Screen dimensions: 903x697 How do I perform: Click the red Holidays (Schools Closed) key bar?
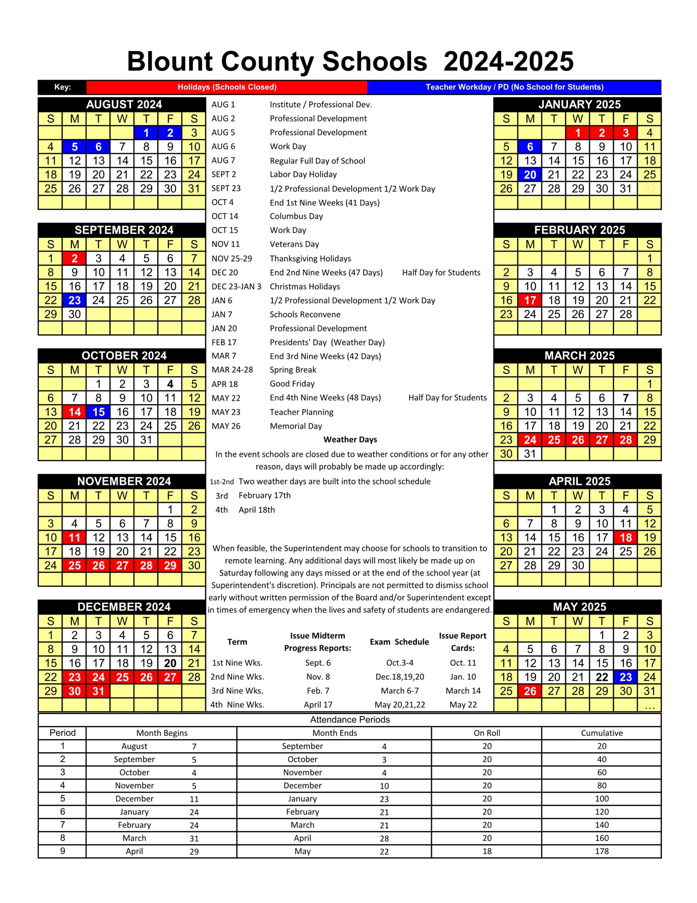(x=227, y=87)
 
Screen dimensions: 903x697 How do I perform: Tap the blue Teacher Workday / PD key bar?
(x=514, y=87)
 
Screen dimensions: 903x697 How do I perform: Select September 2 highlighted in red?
(x=74, y=259)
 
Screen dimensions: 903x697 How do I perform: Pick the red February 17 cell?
(x=530, y=300)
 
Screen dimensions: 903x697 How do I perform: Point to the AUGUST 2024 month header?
(x=124, y=105)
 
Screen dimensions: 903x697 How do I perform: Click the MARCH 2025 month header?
(x=579, y=356)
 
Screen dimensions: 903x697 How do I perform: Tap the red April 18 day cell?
(x=625, y=538)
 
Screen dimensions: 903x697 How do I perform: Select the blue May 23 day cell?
(x=625, y=677)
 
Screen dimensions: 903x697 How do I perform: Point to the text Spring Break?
(x=292, y=370)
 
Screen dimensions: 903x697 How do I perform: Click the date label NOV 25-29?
(x=232, y=259)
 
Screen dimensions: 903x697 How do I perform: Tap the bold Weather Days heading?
(x=350, y=440)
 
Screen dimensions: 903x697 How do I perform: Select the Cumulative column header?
(x=601, y=733)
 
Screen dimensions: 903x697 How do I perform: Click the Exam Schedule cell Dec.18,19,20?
(x=399, y=677)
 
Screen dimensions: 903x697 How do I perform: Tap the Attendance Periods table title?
(x=350, y=720)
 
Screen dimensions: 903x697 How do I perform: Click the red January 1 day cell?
(x=578, y=133)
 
